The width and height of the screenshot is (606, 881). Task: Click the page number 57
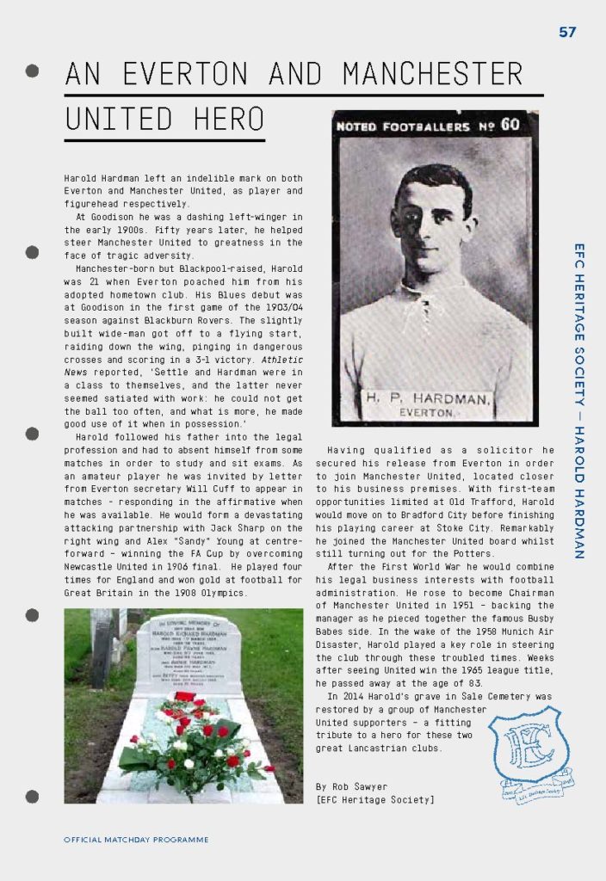tap(567, 33)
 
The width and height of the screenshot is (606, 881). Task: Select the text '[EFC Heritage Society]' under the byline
tap(375, 800)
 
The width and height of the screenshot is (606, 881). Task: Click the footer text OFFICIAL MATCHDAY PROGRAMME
tap(136, 840)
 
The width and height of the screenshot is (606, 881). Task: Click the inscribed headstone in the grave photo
tap(188, 654)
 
